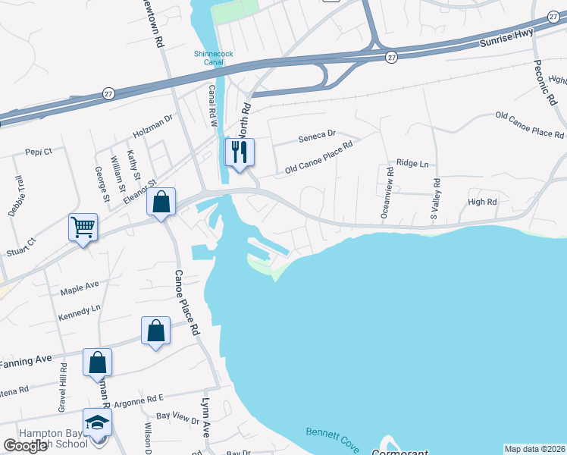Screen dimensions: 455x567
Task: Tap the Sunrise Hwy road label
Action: click(x=507, y=39)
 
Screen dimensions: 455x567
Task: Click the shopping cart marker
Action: click(x=83, y=226)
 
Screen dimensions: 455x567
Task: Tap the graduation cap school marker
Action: click(x=97, y=422)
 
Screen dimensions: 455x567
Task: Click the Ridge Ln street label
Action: click(x=412, y=164)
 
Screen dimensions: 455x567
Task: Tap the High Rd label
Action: click(x=482, y=202)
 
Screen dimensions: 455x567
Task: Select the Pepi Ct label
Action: click(x=39, y=152)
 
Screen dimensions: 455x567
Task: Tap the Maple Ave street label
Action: click(x=81, y=285)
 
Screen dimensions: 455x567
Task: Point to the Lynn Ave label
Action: click(x=205, y=417)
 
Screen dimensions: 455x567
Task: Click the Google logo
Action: click(x=25, y=447)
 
